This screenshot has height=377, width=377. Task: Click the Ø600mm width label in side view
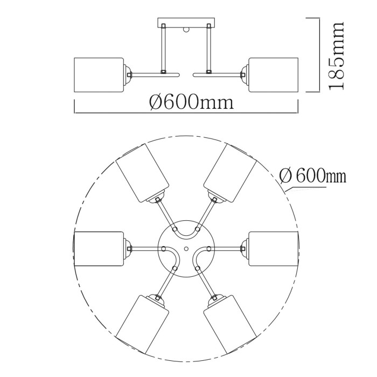(192, 101)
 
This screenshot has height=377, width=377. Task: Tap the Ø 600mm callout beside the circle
(312, 176)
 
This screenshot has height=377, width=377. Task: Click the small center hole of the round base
(186, 249)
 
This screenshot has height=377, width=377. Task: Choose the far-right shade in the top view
(273, 249)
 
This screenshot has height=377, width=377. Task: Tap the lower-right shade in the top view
(229, 323)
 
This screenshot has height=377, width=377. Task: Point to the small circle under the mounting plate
(186, 30)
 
